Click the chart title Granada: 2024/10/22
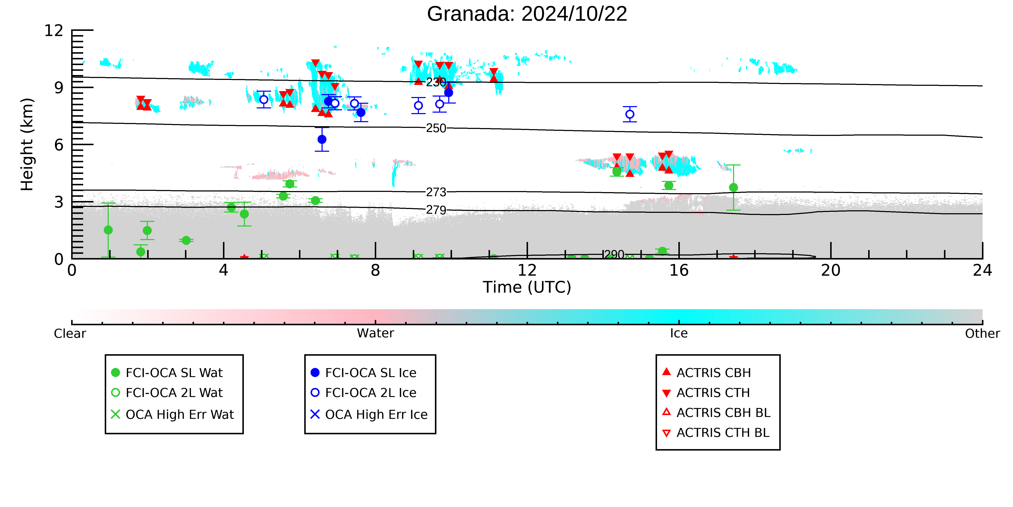527,14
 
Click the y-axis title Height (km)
27,145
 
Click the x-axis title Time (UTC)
527,287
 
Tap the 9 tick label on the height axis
59,87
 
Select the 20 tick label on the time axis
831,271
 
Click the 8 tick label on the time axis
376,271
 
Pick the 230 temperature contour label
436,82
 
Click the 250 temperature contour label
436,128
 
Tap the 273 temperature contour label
436,192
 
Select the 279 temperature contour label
436,210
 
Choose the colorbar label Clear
70,333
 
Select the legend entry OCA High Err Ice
369,414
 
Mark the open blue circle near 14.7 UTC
630,114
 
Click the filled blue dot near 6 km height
322,139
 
